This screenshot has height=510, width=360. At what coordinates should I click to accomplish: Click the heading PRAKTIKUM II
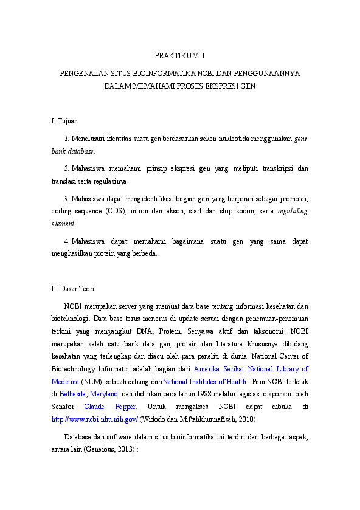[x=179, y=56]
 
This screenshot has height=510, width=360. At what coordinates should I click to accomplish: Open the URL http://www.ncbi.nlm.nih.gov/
[x=95, y=419]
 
